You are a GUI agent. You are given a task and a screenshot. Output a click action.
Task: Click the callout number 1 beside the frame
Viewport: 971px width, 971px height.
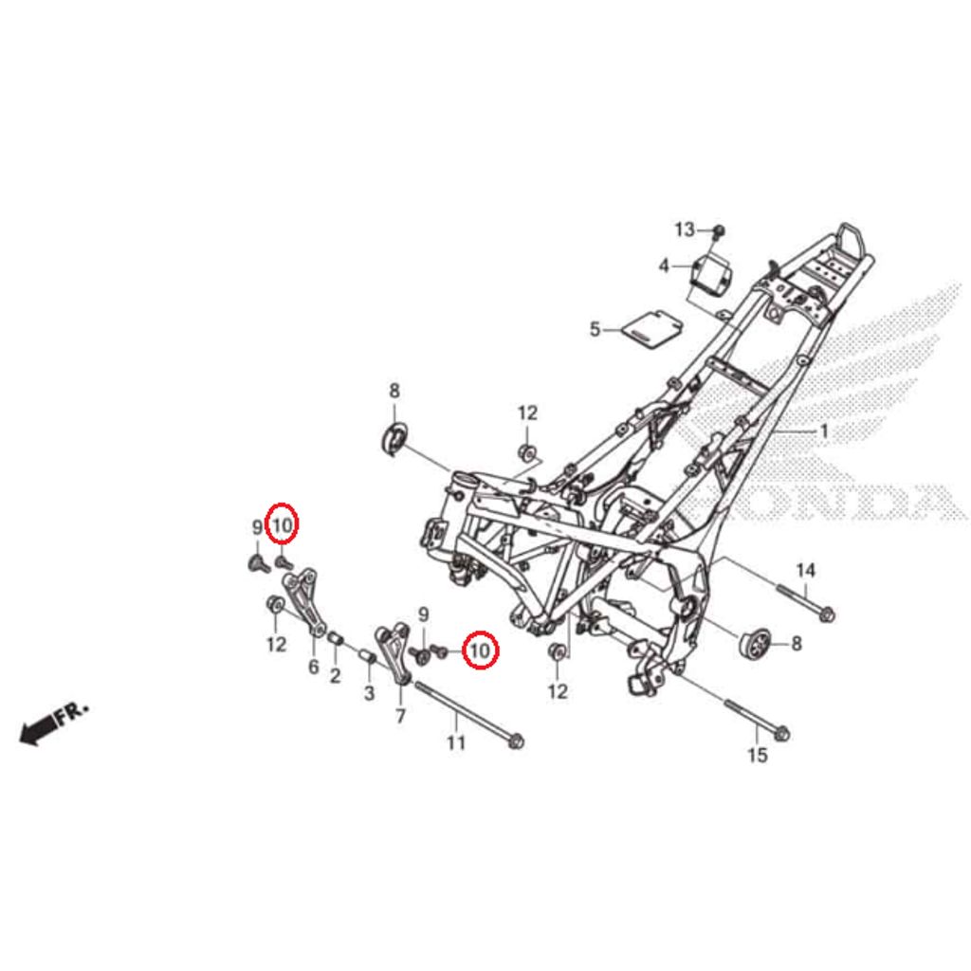tap(824, 431)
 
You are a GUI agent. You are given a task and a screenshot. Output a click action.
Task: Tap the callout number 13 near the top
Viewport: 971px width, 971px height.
tap(685, 229)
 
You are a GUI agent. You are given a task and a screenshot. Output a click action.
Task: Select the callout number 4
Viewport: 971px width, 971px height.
tap(664, 265)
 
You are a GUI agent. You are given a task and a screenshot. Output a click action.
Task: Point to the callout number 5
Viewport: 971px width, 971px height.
tap(595, 329)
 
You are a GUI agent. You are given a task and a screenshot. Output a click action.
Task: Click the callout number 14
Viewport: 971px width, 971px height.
tap(805, 570)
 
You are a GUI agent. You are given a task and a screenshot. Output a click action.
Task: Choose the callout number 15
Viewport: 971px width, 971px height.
tap(758, 755)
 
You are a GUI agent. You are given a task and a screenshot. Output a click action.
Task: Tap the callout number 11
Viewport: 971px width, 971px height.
tap(456, 742)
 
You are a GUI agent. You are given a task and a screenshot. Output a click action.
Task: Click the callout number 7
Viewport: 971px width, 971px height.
tap(399, 716)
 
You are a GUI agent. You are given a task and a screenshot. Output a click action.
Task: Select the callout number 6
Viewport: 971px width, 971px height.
tap(314, 668)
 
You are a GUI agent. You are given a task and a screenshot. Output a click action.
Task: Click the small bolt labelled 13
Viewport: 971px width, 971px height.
tap(719, 230)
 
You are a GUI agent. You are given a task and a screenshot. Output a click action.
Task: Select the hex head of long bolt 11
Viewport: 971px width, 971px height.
tap(515, 740)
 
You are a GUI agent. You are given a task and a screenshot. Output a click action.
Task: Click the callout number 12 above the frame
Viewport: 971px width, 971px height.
tap(527, 412)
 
